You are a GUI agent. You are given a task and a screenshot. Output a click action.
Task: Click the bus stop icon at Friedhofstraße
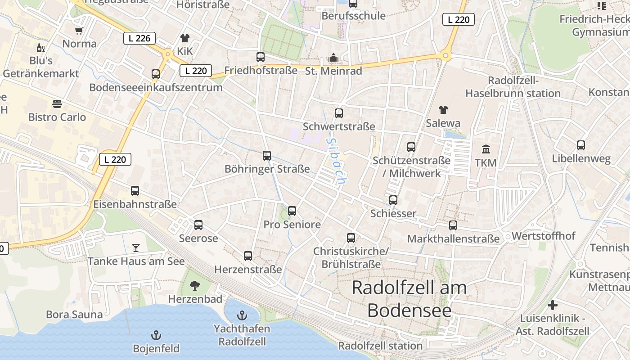coord(261,57)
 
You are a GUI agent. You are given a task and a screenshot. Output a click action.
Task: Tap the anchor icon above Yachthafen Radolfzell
coord(242,315)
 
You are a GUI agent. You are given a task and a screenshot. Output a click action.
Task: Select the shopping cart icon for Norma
coord(79,31)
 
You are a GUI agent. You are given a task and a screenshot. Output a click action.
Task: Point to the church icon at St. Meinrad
coord(333,58)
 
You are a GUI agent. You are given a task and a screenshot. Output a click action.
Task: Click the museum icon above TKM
coord(486,149)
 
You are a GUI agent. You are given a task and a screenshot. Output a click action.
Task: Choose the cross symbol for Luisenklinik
coord(552,305)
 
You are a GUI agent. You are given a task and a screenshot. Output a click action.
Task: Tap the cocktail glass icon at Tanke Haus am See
coord(136,247)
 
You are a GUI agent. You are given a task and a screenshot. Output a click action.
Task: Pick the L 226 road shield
coord(139,38)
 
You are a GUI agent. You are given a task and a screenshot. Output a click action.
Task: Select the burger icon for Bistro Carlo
coord(57,104)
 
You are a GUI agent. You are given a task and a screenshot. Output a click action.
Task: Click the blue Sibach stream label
coord(336,161)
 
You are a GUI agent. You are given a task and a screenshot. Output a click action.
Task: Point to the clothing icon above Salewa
coord(443,109)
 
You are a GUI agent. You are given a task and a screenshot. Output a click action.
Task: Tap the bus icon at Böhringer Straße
coord(267,156)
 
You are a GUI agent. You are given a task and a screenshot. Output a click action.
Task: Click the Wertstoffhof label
coord(543,236)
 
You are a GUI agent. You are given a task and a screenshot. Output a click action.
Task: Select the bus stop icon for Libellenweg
coord(581,145)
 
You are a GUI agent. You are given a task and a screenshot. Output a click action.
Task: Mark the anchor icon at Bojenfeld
coord(156,335)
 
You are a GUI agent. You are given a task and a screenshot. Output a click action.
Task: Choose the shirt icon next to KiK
coord(184,38)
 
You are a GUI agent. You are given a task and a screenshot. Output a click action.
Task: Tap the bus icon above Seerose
coord(198,225)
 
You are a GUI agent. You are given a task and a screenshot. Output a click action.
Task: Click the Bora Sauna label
coord(74,314)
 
